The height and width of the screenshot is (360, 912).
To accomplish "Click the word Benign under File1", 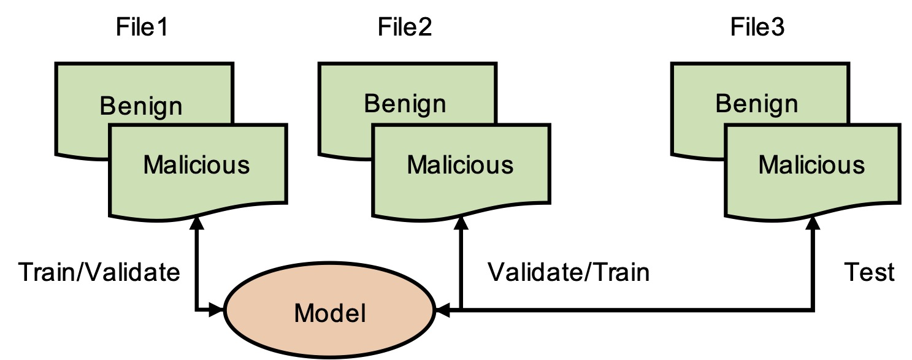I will click(x=141, y=106).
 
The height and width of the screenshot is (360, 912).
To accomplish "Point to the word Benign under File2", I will click(x=405, y=103).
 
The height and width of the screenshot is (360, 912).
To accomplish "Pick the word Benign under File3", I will click(x=757, y=103).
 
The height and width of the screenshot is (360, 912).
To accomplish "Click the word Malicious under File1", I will click(x=196, y=164).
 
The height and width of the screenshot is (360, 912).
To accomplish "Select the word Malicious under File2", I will click(x=460, y=164).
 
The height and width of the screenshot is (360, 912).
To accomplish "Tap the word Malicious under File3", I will click(x=812, y=164).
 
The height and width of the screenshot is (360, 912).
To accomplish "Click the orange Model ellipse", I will click(x=330, y=313).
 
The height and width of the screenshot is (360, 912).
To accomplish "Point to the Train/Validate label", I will click(x=99, y=272).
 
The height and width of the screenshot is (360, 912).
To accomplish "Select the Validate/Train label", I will click(x=568, y=272).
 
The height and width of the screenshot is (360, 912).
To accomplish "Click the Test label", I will click(x=868, y=272).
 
